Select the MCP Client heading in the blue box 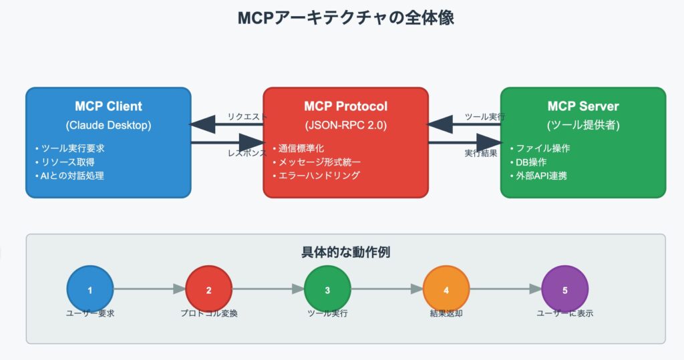coord(108,106)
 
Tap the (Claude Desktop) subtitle coord(108,125)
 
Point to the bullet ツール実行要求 coord(73,148)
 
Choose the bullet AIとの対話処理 coord(73,176)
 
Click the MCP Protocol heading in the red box coord(345,106)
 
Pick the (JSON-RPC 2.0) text coord(345,125)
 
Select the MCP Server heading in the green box coord(583,106)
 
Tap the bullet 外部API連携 coord(537,176)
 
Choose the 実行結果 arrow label coord(480,153)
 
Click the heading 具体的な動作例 coord(345,252)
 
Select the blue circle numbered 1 coord(90,289)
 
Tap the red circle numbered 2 coord(208,289)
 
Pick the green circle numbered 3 coord(327,289)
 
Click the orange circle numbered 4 coord(446,289)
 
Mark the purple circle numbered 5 coord(564,289)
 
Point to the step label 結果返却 coord(446,313)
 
